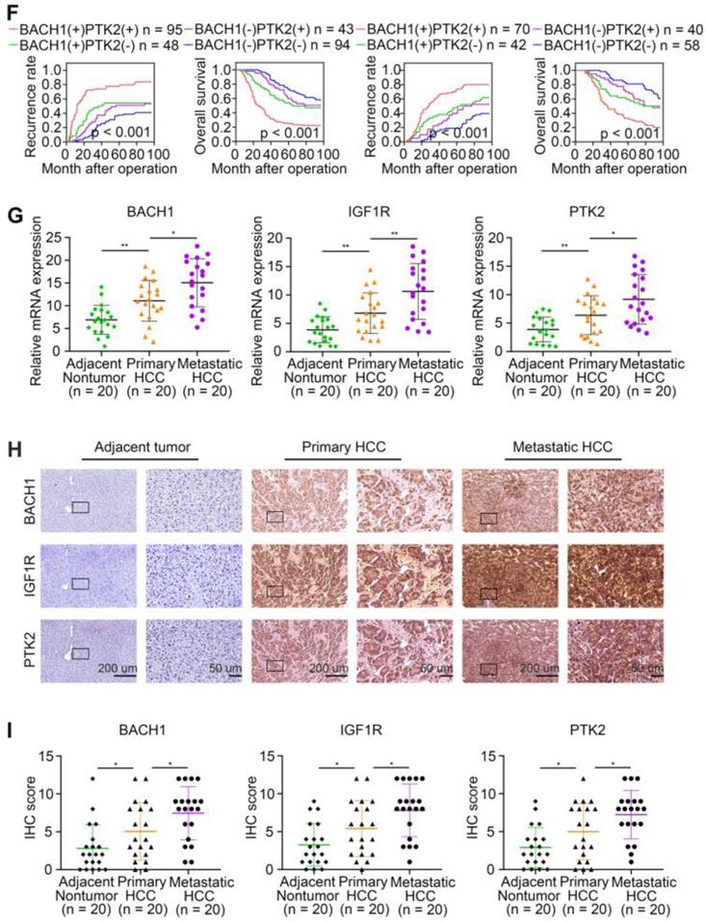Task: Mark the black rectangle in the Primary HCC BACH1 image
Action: click(x=275, y=517)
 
